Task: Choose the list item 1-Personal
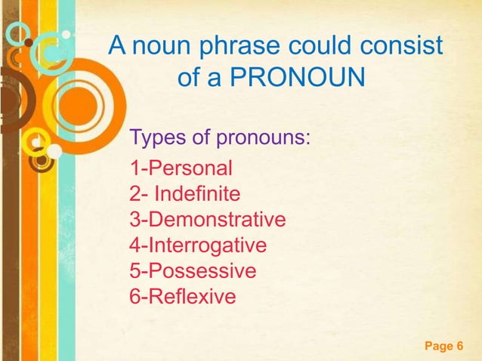tap(181, 168)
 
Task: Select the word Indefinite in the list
tap(197, 194)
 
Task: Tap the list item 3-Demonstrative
tap(208, 220)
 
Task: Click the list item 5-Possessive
tap(193, 270)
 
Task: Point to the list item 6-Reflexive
tap(183, 296)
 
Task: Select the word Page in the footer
tap(437, 347)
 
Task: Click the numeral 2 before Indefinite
tap(135, 194)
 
